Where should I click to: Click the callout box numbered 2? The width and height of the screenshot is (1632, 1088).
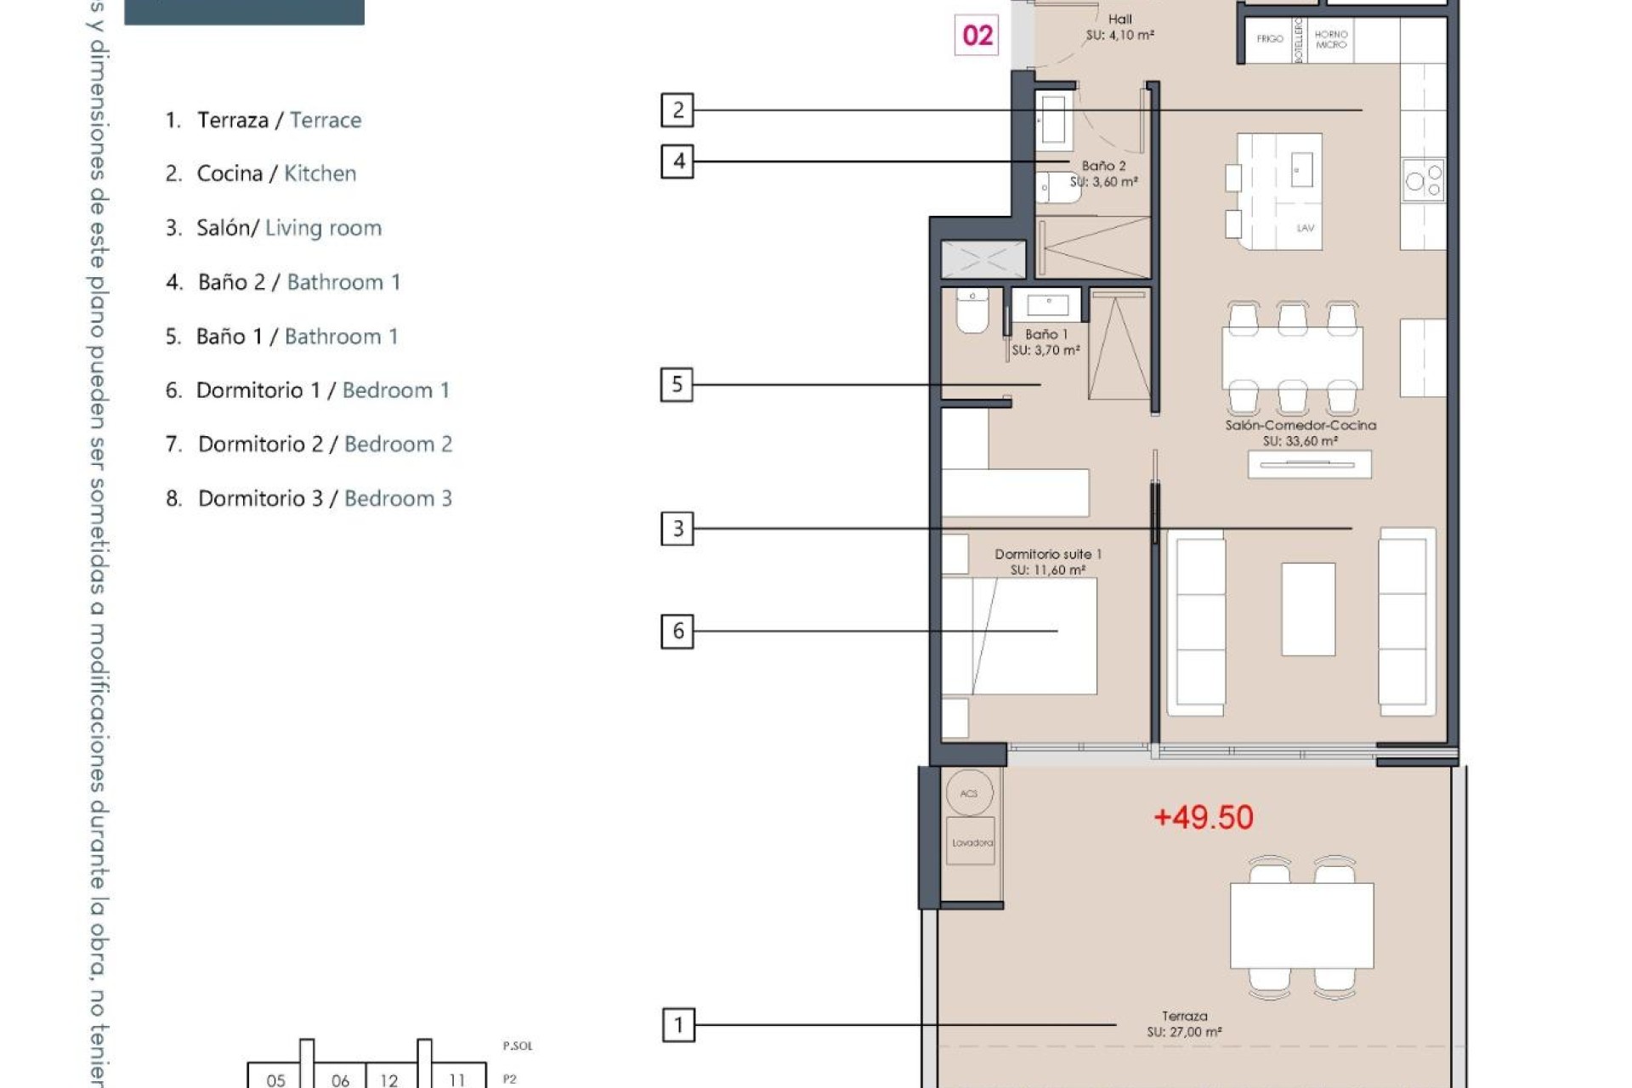(677, 110)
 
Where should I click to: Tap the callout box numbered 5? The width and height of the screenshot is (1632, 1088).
(677, 384)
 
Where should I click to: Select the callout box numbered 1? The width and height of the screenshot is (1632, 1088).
(678, 1025)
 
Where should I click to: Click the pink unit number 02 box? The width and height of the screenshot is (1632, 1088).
(977, 36)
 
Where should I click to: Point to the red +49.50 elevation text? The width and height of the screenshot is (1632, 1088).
(1203, 818)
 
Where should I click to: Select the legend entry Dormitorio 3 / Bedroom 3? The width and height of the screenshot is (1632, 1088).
(309, 498)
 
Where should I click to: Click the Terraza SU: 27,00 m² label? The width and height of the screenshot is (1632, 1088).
(1184, 1024)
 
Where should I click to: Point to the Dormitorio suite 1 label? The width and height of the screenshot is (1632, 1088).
(1047, 562)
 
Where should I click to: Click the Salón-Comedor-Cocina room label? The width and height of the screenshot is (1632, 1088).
(1300, 433)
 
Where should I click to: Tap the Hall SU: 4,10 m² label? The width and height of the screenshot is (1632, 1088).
(1119, 27)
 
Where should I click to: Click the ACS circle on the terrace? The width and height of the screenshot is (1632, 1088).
(969, 793)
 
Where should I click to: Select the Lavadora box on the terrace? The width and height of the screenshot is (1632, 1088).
(971, 842)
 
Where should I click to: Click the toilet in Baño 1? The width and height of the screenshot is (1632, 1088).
(972, 312)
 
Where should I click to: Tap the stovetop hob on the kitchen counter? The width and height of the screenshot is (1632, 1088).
(1424, 180)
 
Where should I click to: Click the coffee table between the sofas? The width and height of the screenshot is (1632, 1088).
(1307, 609)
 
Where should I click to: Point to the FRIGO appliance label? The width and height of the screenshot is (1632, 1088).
(1270, 39)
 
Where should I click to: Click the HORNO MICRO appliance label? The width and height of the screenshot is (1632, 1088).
(1331, 39)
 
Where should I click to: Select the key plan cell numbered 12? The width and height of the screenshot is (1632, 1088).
(389, 1079)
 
